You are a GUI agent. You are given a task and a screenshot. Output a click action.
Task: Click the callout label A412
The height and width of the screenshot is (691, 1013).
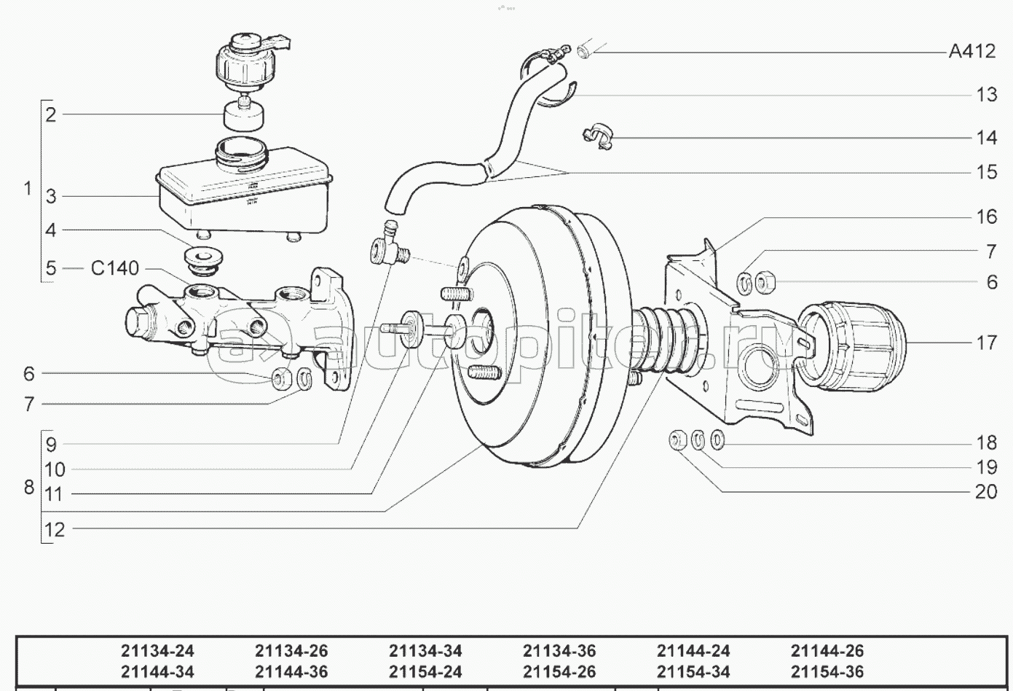tap(971, 52)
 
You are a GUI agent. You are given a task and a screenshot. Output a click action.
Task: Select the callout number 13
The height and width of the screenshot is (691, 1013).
tap(986, 95)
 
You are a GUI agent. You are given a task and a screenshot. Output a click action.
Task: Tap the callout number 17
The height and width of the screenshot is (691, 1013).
tap(986, 343)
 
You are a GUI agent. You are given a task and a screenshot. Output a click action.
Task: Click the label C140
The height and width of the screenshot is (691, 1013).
tap(114, 268)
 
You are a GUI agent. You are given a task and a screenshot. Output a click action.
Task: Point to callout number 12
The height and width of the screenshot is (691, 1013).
tap(55, 530)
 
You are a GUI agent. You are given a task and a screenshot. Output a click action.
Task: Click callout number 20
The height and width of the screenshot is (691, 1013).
tap(985, 492)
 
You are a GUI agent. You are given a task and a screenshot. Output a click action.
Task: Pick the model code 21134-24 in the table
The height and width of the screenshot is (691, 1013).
tap(157, 651)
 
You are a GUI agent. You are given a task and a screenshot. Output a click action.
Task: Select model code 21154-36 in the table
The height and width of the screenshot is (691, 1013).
tap(827, 672)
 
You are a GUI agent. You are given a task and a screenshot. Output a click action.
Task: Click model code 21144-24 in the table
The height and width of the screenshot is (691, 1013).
tap(693, 651)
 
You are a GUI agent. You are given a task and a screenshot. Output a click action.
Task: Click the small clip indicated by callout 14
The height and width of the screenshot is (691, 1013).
tap(599, 136)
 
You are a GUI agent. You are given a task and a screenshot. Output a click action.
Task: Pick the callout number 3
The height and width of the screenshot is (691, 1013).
tap(51, 197)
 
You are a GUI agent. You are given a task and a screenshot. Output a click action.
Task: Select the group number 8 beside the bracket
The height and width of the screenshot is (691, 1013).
tap(29, 487)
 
